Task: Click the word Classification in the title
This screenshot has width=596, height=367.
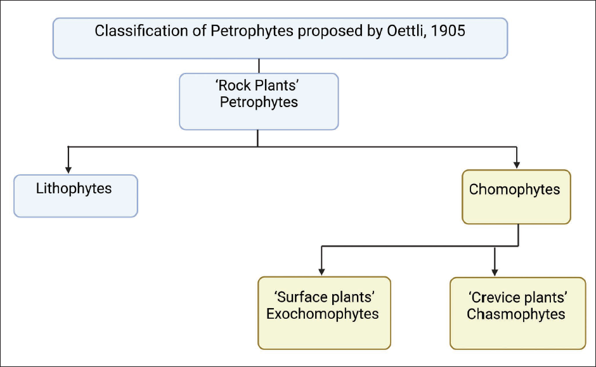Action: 141,31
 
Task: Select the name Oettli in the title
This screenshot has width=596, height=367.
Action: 406,31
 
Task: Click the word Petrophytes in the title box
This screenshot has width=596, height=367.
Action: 252,31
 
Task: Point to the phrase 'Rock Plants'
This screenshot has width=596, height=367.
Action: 257,86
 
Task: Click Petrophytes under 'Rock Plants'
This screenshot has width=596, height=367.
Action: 259,102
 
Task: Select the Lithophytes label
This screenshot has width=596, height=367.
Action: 74,189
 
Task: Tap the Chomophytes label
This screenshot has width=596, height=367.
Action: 514,190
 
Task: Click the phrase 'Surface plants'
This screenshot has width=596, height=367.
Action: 325,297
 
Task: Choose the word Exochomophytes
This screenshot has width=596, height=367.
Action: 322,314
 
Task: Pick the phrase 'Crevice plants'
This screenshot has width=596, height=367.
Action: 518,297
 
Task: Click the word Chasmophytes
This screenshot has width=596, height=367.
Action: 516,314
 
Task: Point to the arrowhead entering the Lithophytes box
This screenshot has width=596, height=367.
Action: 68,170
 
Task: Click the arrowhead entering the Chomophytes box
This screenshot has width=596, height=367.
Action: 517,165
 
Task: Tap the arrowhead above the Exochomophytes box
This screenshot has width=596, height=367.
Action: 321,272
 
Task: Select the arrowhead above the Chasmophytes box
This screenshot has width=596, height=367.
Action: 495,272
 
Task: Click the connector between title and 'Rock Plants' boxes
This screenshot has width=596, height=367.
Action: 259,66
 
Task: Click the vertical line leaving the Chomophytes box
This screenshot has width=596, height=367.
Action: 519,235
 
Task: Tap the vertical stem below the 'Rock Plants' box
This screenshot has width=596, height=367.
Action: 257,138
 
